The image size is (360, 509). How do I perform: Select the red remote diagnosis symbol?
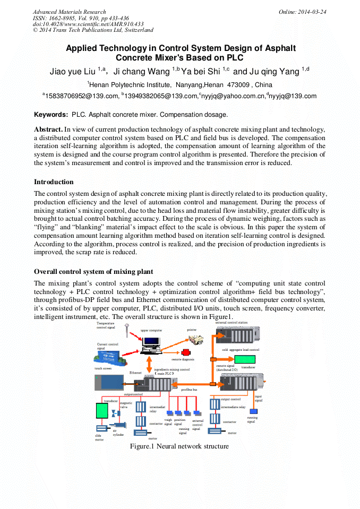[186, 352]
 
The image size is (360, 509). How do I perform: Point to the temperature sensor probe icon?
[128, 331]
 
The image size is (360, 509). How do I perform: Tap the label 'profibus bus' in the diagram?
[189, 390]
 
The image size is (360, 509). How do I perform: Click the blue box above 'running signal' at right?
[253, 411]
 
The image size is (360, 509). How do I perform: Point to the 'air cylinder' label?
[118, 433]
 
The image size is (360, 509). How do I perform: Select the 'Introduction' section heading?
[54, 182]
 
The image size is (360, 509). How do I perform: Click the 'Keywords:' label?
[51, 115]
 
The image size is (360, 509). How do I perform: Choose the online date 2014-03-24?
[308, 12]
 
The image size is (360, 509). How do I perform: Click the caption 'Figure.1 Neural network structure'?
[179, 446]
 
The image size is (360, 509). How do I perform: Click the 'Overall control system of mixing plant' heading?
[93, 272]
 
